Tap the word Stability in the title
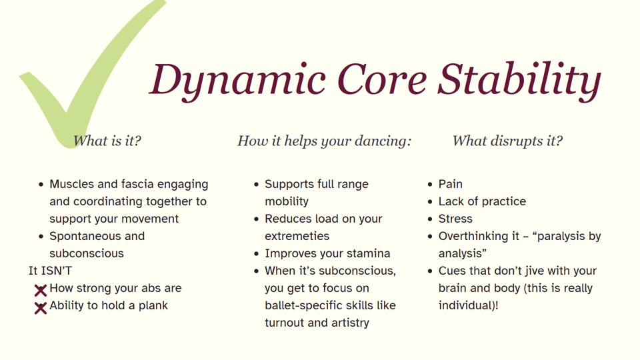click(x=519, y=79)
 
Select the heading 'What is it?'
click(x=107, y=141)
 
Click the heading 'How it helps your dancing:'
click(x=324, y=141)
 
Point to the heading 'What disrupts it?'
click(x=507, y=141)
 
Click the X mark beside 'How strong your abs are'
click(x=41, y=290)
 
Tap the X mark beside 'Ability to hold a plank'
click(x=41, y=307)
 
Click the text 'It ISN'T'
click(x=50, y=271)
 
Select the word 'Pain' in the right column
click(x=451, y=184)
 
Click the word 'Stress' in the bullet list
click(x=455, y=219)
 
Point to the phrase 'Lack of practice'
click(x=482, y=201)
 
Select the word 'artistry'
click(x=347, y=323)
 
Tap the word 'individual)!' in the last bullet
click(x=468, y=305)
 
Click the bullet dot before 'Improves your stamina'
click(x=256, y=254)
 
